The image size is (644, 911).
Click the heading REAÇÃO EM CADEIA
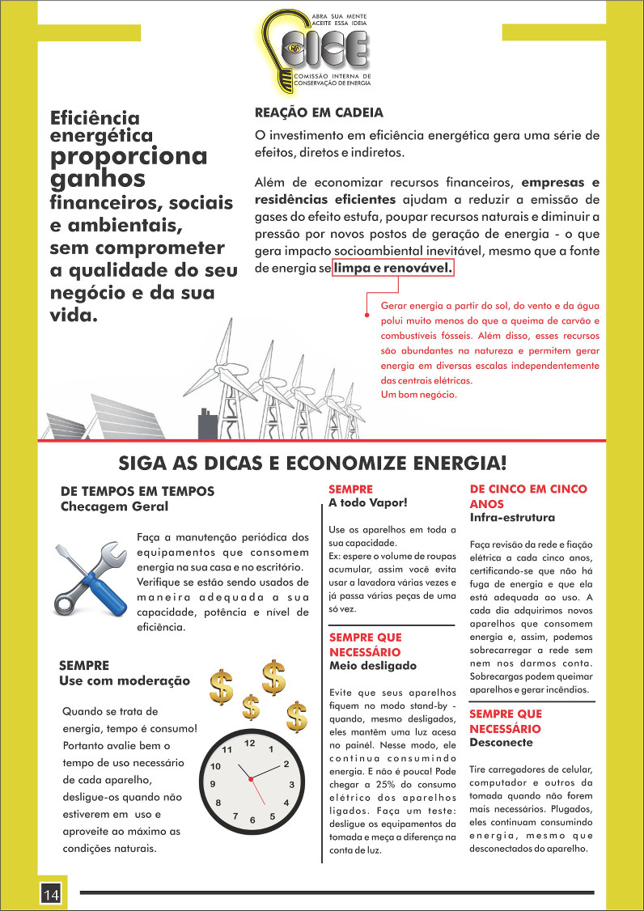click(319, 112)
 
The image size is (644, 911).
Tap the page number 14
click(51, 893)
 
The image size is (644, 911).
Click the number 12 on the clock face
click(250, 743)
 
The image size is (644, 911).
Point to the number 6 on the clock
click(252, 820)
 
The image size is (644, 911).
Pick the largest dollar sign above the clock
click(273, 678)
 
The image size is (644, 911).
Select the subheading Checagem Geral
click(115, 506)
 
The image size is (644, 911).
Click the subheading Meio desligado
click(373, 666)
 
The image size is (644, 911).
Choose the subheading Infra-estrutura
click(512, 517)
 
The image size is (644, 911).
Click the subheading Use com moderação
click(125, 680)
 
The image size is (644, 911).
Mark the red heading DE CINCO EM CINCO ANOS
click(528, 496)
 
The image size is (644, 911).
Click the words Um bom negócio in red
click(418, 395)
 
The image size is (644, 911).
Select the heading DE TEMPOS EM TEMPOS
click(138, 491)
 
